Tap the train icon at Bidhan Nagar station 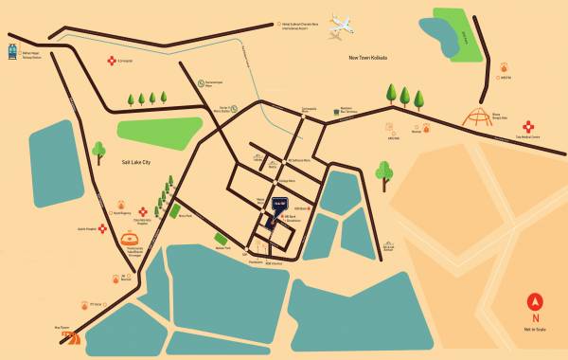coord(11,50)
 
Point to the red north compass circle coord(536,304)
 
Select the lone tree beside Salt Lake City coord(98,151)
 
